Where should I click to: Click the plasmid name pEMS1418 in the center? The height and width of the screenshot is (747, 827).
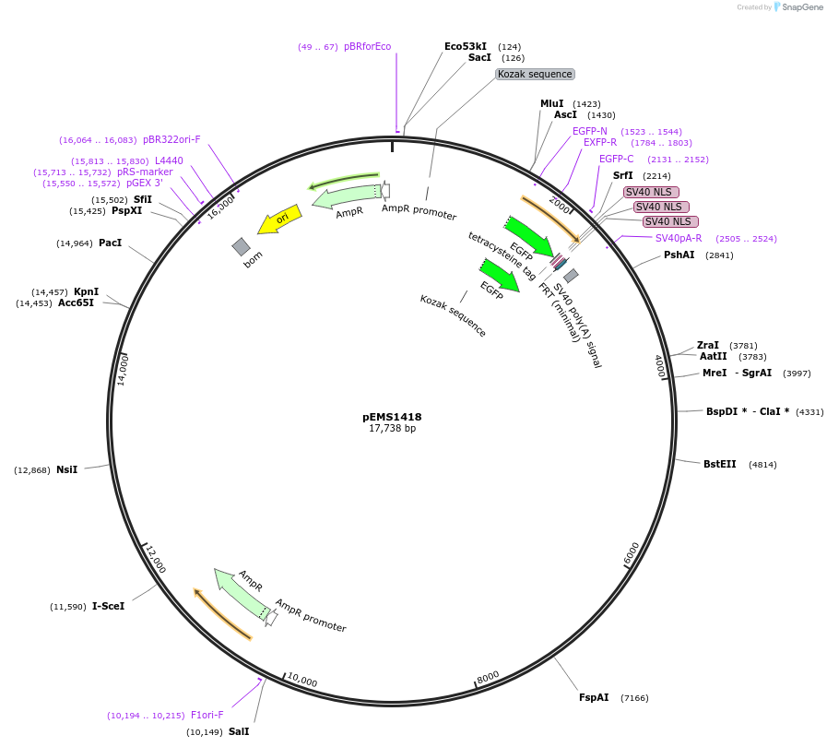click(392, 417)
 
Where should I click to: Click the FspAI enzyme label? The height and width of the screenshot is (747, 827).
click(594, 698)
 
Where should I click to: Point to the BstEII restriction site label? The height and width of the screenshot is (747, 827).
click(720, 464)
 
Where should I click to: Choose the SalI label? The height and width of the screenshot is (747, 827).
click(239, 731)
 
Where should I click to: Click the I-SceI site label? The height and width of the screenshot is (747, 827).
click(108, 606)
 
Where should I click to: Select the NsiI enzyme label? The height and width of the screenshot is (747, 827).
click(66, 469)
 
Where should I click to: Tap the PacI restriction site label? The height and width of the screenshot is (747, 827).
click(110, 243)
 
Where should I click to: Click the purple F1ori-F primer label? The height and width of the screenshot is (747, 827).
click(207, 715)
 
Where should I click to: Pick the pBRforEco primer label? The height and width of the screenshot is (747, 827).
click(367, 46)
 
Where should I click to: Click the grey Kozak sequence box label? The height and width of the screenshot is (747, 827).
click(535, 74)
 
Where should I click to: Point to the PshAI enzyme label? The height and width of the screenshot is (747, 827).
click(679, 255)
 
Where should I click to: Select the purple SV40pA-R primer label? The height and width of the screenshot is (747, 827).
click(679, 238)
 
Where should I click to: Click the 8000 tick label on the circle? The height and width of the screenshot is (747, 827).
click(488, 676)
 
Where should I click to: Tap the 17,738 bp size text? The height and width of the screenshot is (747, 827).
click(392, 429)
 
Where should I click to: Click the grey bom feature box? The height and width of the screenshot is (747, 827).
click(241, 246)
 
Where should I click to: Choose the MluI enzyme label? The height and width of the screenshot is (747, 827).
click(551, 103)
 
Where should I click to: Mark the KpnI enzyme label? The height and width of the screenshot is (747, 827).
click(87, 291)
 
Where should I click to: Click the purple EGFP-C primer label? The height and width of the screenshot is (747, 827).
click(616, 159)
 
